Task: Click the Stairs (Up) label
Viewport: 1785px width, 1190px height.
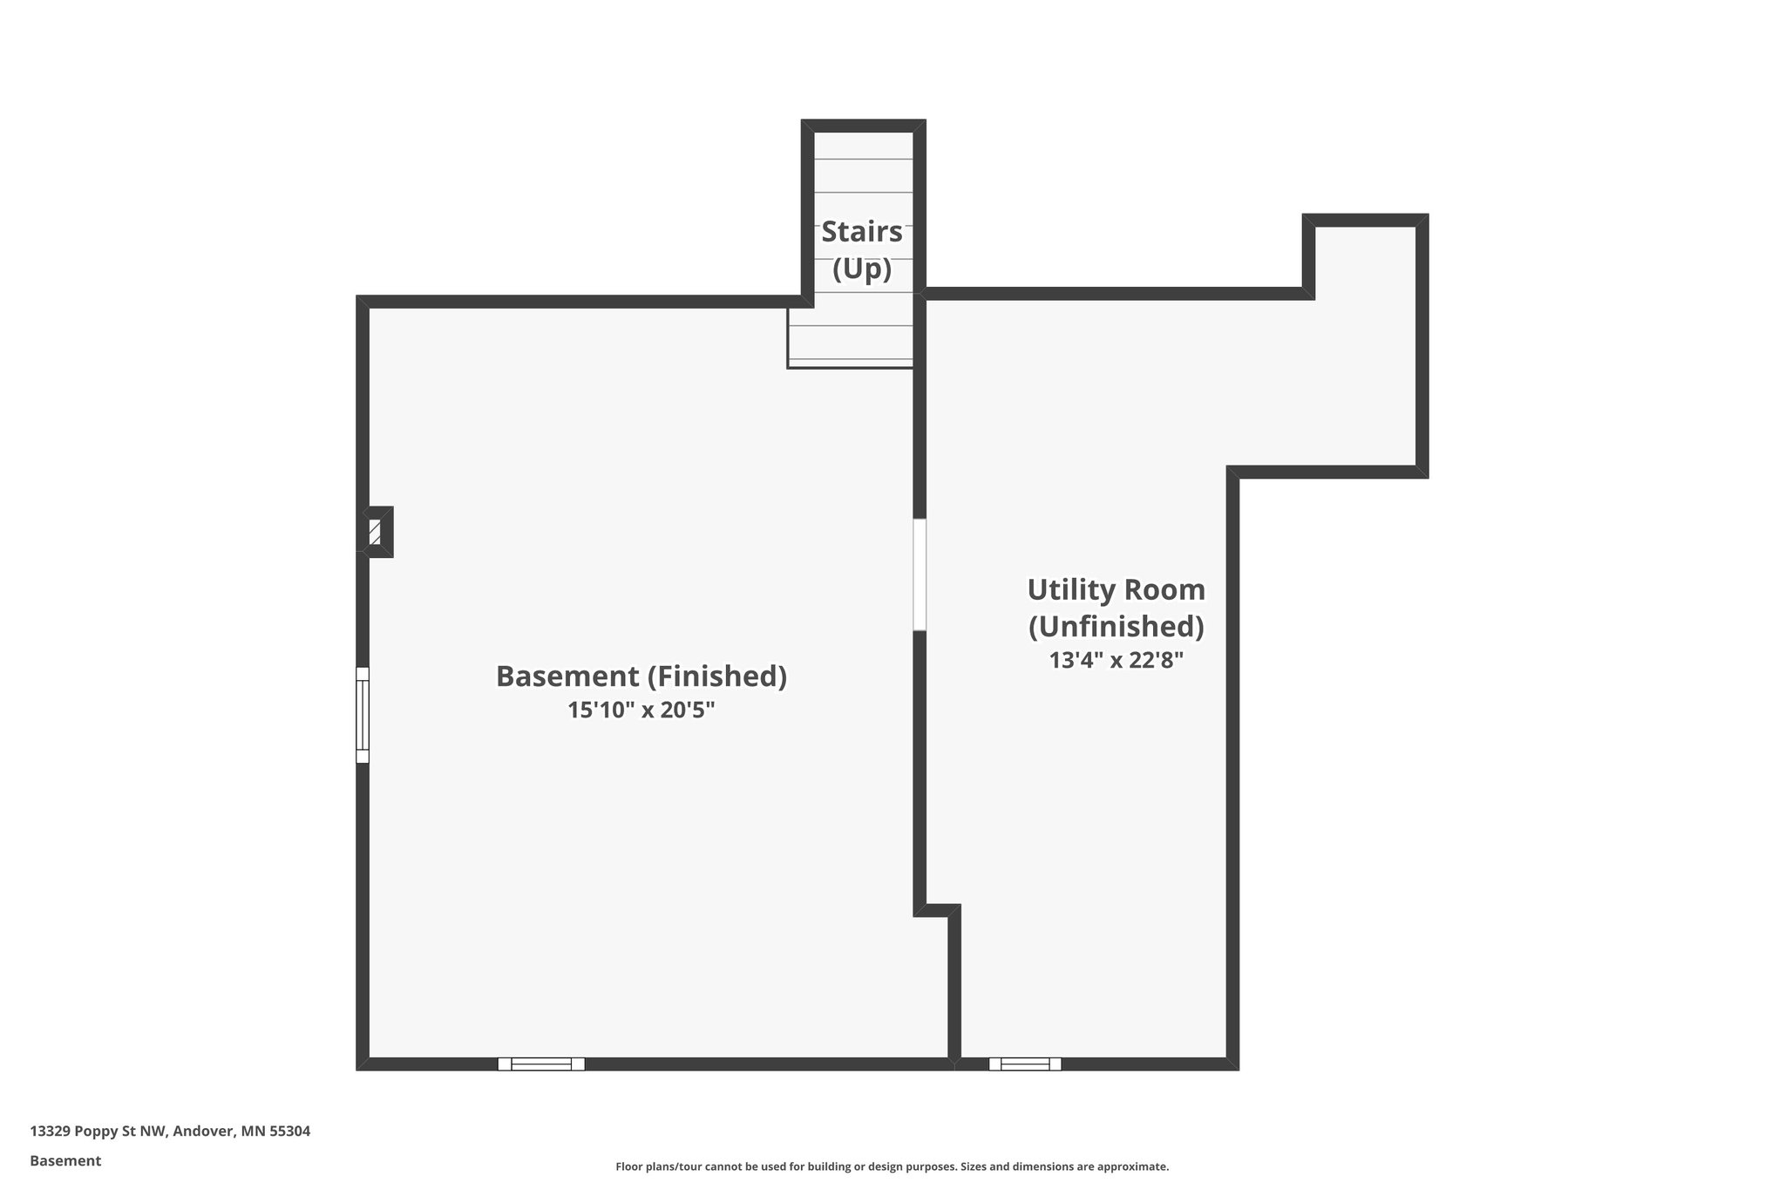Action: (x=861, y=249)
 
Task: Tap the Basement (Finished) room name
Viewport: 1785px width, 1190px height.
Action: (x=641, y=677)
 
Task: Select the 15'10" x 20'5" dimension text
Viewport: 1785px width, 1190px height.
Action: (x=641, y=711)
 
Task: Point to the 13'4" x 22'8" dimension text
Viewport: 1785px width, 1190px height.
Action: (x=1116, y=660)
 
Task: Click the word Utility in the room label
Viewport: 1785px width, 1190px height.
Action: (x=1068, y=590)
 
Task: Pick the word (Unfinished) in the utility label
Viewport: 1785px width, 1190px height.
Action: (x=1116, y=627)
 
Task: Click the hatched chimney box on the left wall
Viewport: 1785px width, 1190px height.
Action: (x=376, y=532)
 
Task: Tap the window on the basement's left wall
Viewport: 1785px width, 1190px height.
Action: (x=363, y=715)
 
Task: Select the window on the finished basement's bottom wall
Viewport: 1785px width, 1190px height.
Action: (x=540, y=1064)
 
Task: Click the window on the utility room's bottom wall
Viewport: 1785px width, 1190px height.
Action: (x=1024, y=1064)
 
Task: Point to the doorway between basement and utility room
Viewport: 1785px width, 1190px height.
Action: (x=920, y=575)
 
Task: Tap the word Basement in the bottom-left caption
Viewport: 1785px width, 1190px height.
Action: (x=65, y=1161)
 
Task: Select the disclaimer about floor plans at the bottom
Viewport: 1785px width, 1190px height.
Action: (x=892, y=1166)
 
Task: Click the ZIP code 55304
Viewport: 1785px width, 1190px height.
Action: (x=289, y=1132)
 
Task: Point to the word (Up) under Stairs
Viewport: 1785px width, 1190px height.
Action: (x=861, y=269)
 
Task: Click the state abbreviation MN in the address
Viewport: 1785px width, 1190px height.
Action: (x=254, y=1132)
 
